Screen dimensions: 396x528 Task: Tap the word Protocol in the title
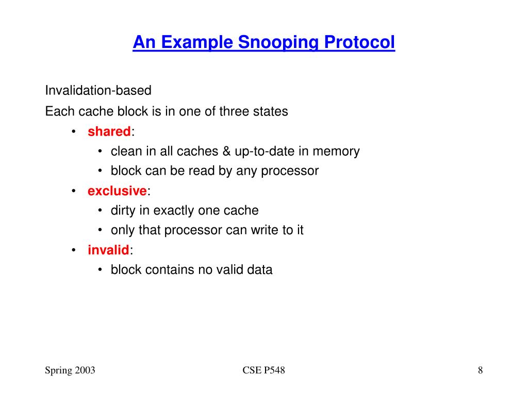coord(359,42)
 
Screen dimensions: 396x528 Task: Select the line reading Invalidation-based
coord(98,91)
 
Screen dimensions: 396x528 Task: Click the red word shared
coord(109,131)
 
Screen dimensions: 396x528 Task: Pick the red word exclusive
coord(117,191)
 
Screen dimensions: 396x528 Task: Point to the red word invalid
coord(108,250)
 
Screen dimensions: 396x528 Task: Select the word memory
coord(336,151)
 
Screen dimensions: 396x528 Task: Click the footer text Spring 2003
coord(70,370)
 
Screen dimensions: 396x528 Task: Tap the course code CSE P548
coord(263,370)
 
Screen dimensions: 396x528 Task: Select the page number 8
coord(480,370)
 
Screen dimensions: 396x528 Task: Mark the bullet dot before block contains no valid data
coord(100,270)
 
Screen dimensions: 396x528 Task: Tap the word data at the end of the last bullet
coord(259,270)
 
